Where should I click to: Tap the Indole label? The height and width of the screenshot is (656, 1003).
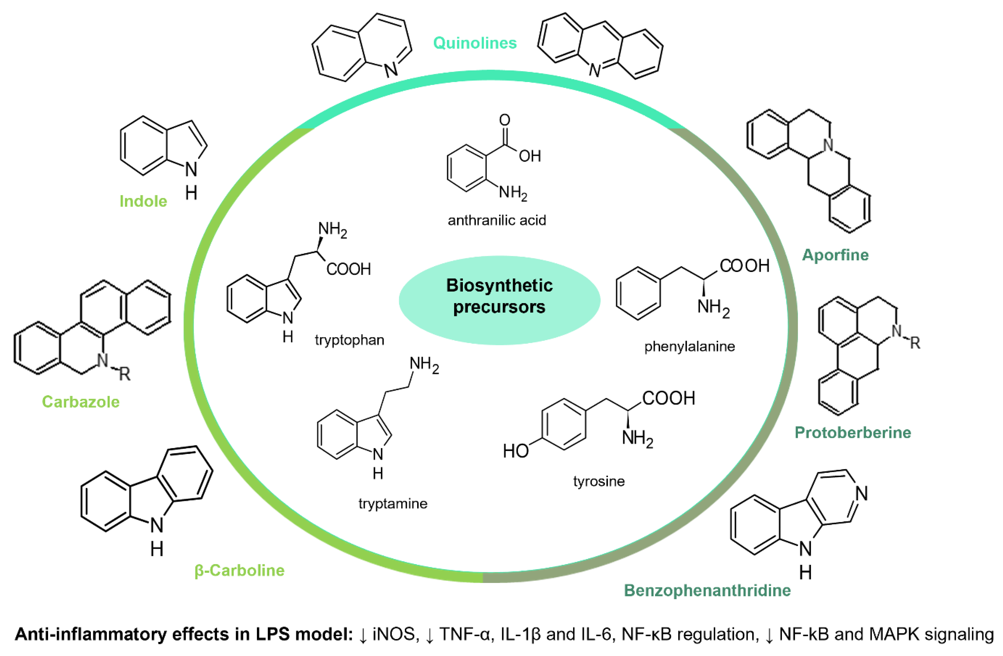143,201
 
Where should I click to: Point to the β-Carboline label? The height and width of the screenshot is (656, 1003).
239,570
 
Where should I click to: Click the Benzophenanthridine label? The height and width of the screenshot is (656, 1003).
707,591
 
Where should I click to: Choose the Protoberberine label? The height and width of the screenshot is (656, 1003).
853,433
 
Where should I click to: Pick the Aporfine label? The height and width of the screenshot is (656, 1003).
835,255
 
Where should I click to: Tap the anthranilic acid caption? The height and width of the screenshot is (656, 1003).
497,220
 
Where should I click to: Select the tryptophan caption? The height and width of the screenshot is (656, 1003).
349,340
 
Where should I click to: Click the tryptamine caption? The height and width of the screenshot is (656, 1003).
393,504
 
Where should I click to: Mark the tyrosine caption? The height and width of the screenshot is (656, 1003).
599,481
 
